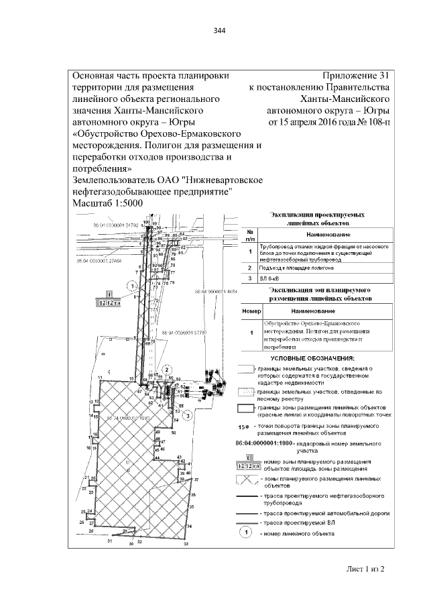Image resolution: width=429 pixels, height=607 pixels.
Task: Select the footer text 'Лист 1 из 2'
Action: coord(365,569)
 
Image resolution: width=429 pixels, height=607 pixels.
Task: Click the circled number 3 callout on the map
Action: coord(189,416)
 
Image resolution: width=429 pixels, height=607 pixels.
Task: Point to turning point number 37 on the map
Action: coord(197,480)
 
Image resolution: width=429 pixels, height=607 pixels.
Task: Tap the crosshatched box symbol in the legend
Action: coord(249,481)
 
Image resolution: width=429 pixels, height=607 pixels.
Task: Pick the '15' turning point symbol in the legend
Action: coord(244,425)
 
